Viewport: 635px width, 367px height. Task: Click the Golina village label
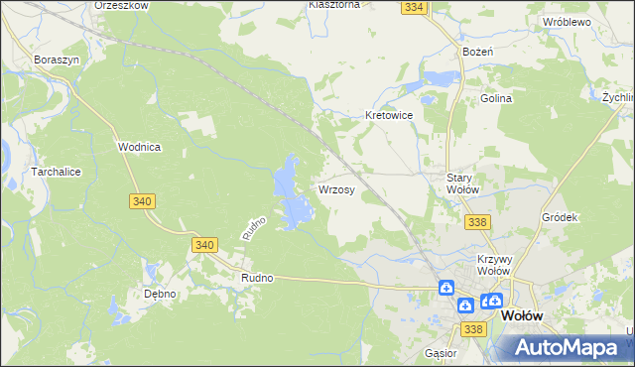click(x=496, y=98)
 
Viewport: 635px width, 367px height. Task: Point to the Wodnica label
click(x=139, y=146)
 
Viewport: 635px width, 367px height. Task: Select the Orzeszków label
click(x=120, y=5)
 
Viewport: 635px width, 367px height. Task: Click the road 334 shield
click(x=415, y=7)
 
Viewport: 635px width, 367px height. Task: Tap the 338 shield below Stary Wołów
click(x=476, y=223)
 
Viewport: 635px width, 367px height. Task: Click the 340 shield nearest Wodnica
click(x=141, y=201)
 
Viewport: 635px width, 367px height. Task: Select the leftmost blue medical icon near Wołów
click(x=447, y=289)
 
